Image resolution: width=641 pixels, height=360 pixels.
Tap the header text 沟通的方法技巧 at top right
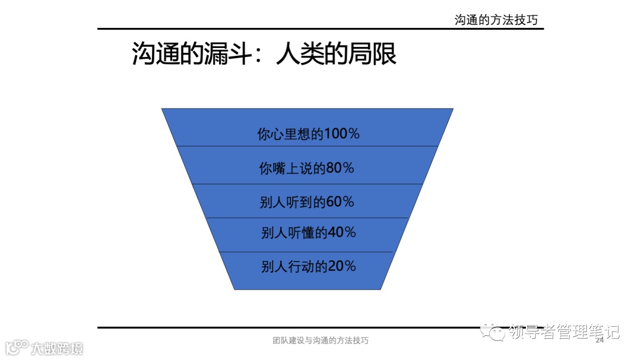point(496,20)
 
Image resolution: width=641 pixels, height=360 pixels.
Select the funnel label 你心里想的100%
point(308,134)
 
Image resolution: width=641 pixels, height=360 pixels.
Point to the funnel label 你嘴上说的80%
point(306,168)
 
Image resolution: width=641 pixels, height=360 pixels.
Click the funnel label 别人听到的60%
point(306,202)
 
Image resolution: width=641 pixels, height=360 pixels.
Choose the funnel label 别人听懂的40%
point(308,232)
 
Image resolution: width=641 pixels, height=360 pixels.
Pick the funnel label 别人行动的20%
point(308,266)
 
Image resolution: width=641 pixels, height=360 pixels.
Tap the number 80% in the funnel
point(339,168)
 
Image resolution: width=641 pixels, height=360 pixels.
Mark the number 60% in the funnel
point(339,202)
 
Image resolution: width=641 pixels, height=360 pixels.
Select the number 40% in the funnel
point(341,232)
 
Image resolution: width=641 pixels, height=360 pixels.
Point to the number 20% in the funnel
point(341,266)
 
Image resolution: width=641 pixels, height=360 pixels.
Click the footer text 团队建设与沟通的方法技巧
point(320,341)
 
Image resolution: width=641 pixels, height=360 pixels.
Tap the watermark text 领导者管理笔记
point(564,332)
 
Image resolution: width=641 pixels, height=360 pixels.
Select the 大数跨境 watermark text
point(58,348)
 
